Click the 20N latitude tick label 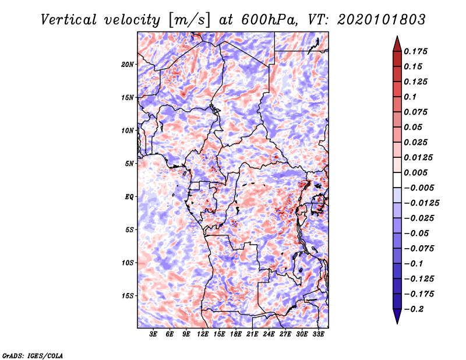click(x=128, y=65)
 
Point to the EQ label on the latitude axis click(x=129, y=197)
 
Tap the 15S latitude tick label click(x=128, y=296)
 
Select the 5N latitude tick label click(x=129, y=164)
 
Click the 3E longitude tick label click(x=153, y=334)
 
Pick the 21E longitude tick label click(x=252, y=334)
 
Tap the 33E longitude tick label click(x=318, y=334)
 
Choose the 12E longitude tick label click(x=203, y=334)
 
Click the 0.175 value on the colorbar click(x=416, y=51)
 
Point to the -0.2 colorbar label click(x=414, y=309)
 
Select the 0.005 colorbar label click(x=416, y=172)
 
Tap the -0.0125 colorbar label click(x=421, y=203)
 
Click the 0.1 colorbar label click(x=410, y=97)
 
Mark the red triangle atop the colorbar click(x=397, y=44)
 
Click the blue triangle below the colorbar click(x=397, y=316)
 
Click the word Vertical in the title click(x=68, y=20)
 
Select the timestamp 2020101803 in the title click(x=382, y=20)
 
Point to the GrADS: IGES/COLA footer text click(x=33, y=355)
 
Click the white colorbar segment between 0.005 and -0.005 click(x=397, y=180)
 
